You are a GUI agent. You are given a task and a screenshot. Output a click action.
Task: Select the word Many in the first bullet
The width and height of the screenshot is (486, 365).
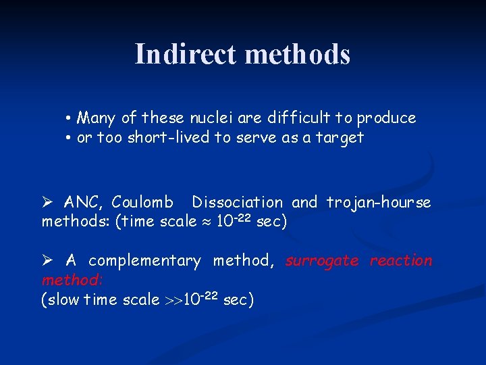click(97, 118)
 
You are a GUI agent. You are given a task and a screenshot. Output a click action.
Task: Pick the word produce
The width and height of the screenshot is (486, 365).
click(386, 119)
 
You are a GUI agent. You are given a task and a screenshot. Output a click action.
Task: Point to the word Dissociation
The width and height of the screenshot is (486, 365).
click(237, 202)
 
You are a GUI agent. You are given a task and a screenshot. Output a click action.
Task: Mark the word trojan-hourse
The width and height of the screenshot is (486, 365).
click(378, 202)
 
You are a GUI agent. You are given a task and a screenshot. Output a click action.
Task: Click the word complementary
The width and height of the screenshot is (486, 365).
click(144, 261)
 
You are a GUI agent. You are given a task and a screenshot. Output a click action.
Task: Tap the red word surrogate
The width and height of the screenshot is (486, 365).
click(322, 261)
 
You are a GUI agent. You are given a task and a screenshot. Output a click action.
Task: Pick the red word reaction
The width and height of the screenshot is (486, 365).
click(401, 261)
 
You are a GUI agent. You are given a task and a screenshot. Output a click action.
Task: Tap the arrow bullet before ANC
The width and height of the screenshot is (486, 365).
click(47, 202)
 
